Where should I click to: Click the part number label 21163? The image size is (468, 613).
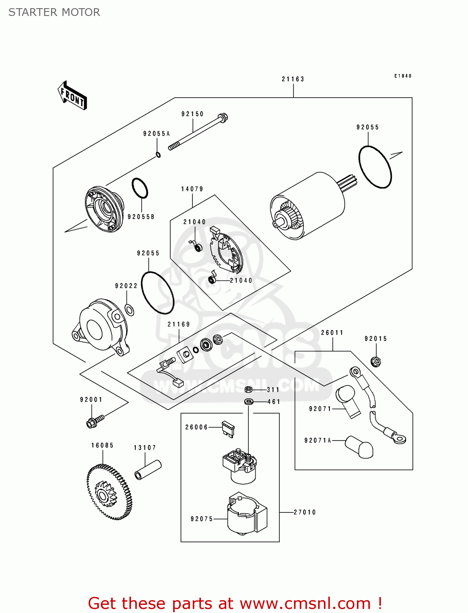point(293,79)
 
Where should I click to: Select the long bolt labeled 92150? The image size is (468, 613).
point(198,132)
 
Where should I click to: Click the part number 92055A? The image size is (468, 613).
point(156,134)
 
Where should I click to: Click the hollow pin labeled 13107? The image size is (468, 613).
point(148,470)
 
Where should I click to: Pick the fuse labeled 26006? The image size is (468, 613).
point(228,429)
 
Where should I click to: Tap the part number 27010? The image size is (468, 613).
point(305,512)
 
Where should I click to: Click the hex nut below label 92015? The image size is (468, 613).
point(376,361)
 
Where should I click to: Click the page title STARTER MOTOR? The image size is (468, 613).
point(54,12)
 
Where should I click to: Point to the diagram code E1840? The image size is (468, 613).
point(403,76)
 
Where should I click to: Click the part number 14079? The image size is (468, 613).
point(192,189)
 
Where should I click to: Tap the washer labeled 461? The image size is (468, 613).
point(249,402)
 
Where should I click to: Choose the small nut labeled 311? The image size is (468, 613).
point(248,389)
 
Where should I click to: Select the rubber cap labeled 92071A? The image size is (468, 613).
point(359,447)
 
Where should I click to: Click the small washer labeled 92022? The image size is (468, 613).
point(129,310)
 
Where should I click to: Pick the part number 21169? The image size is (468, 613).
point(179,324)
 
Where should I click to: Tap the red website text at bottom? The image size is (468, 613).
point(235,603)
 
